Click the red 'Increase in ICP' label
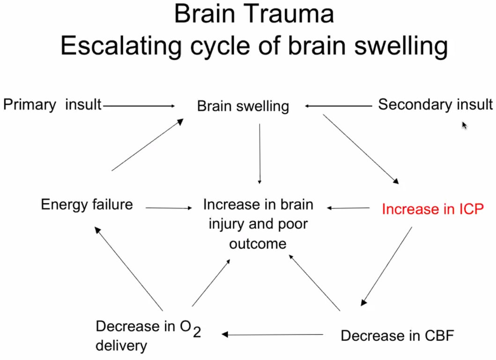[x=432, y=209]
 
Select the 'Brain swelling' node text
[x=243, y=106]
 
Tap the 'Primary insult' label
[x=52, y=104]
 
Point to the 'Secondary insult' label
[x=435, y=104]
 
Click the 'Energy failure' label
[x=87, y=205]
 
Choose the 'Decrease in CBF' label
[x=397, y=336]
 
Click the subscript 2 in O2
[x=197, y=332]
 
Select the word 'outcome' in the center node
[x=257, y=244]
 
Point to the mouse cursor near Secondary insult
[x=464, y=125]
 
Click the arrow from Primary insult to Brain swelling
[x=138, y=106]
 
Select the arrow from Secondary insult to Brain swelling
[x=337, y=106]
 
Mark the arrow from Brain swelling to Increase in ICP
[x=361, y=149]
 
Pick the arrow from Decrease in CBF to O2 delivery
[x=273, y=334]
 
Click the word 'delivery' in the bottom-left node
[x=121, y=346]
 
